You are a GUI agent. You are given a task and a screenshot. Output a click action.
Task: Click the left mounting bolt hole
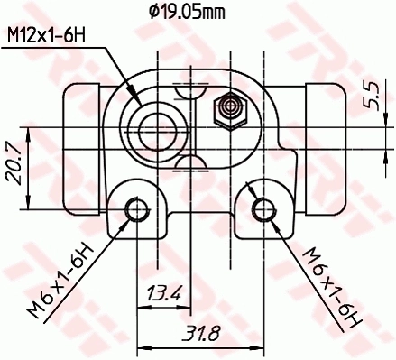click(137, 210)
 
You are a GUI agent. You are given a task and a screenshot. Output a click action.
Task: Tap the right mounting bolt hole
click(263, 210)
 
